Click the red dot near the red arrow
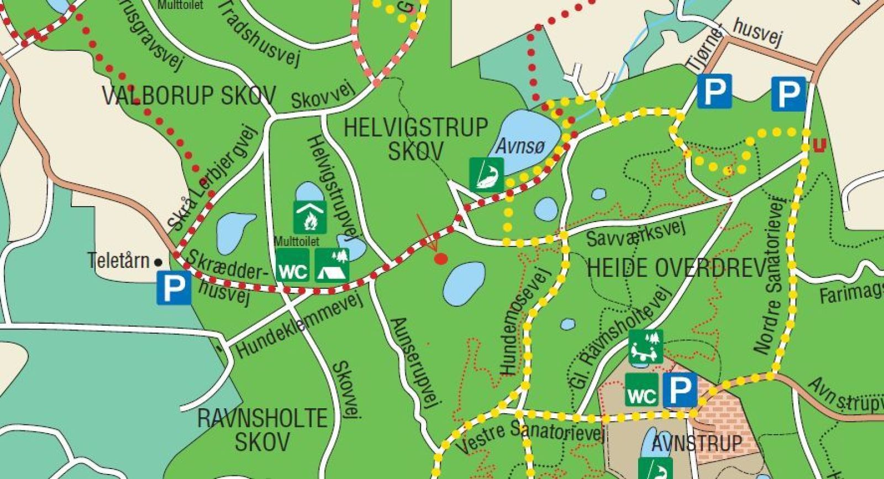point(441,258)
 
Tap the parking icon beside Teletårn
point(173,287)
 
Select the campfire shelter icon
point(309,217)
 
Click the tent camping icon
point(332,265)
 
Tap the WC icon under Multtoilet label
point(292,265)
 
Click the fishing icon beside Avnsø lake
point(487,175)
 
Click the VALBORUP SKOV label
point(189,96)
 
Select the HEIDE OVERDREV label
point(677,269)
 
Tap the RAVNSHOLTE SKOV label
point(262,430)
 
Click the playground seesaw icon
point(646,346)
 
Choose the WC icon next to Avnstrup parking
point(642,390)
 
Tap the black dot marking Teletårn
point(159,262)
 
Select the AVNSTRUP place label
point(697,443)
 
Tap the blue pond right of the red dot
point(464,282)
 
